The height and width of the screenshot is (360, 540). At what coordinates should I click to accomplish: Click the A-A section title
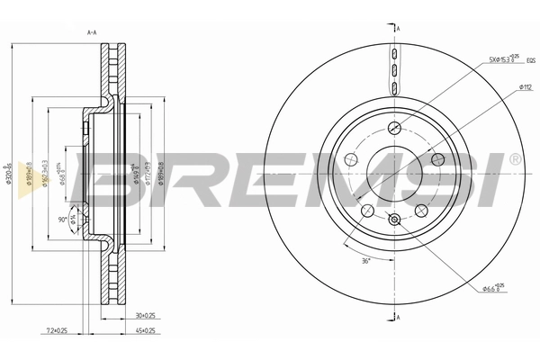(x=91, y=33)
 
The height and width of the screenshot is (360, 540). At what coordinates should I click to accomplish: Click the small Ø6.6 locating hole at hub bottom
(x=393, y=219)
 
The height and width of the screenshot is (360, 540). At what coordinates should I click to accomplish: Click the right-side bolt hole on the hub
(x=436, y=157)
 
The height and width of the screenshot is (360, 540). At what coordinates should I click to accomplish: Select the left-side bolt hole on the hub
(x=350, y=157)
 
